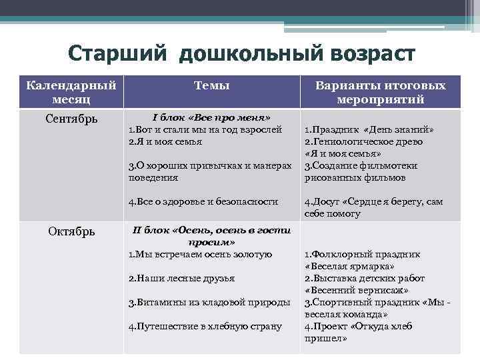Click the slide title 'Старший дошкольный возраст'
pos(241,53)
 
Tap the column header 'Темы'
pos(211,85)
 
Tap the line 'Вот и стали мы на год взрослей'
pos(205,129)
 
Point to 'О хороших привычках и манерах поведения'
pos(210,172)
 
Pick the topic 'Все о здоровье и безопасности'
pos(203,201)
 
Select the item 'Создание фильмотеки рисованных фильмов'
pos(365,172)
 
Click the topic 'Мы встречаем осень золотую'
pos(200,254)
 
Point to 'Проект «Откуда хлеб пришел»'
pos(363,332)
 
